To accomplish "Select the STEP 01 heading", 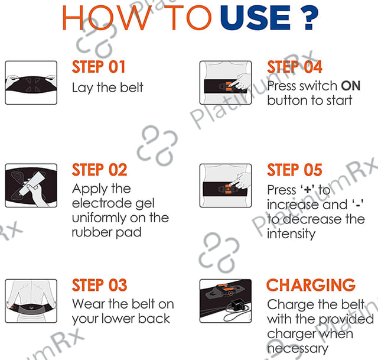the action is [x=99, y=67].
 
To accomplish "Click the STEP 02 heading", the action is [x=100, y=170].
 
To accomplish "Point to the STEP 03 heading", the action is [x=100, y=285].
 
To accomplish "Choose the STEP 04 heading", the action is [x=295, y=67].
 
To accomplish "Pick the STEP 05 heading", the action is [x=295, y=170].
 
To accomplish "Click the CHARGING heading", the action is [x=311, y=285].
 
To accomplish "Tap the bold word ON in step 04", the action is [x=351, y=86].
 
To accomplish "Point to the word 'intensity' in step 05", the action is [x=291, y=234].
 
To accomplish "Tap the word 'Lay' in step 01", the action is [x=82, y=88].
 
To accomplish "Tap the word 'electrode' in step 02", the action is [x=102, y=203].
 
